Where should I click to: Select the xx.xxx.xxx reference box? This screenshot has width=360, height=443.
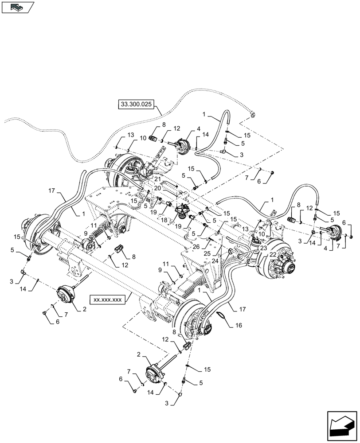(107, 299)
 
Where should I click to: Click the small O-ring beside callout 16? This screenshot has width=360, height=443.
(220, 315)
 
